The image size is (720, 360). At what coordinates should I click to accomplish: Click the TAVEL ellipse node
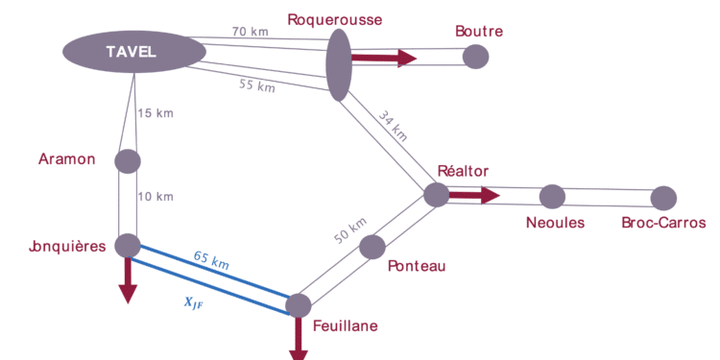click(132, 51)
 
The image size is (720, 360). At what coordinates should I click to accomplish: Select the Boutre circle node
click(475, 57)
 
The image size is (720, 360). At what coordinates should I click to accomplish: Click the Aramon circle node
click(128, 160)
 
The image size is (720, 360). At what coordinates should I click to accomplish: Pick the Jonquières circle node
click(128, 245)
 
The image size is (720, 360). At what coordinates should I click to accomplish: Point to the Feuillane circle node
click(298, 305)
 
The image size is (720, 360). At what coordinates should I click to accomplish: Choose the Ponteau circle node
click(372, 247)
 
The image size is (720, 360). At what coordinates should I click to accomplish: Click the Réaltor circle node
click(436, 195)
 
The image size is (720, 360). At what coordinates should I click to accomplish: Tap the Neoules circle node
click(551, 197)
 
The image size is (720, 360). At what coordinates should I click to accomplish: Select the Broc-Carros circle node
click(662, 198)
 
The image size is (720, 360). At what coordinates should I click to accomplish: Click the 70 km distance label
click(250, 31)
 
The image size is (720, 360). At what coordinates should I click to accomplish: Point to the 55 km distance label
click(256, 86)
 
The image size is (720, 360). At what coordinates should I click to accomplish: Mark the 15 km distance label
click(156, 114)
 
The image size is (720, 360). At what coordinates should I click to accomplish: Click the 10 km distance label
click(155, 197)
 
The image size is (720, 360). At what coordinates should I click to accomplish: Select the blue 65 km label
click(210, 259)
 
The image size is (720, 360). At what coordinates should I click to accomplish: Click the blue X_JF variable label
click(194, 300)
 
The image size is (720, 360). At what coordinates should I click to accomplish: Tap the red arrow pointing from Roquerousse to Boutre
click(384, 59)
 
